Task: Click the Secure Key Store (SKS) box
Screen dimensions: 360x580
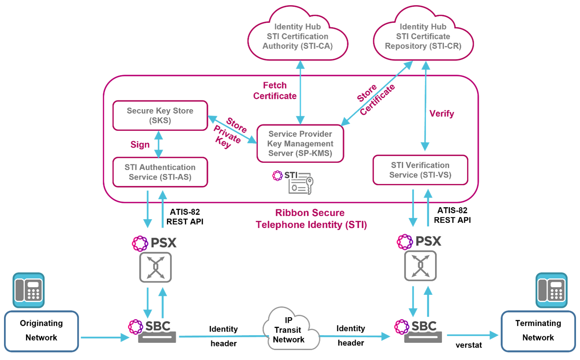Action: [x=160, y=116]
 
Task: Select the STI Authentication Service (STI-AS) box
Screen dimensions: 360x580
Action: [x=160, y=172]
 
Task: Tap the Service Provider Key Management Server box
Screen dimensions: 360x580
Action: [x=300, y=144]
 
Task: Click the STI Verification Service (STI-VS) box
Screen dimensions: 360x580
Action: [x=420, y=170]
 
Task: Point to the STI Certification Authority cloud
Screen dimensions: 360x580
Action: [x=298, y=36]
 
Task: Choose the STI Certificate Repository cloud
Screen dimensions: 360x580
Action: [x=423, y=36]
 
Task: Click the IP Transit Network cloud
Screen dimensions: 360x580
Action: [x=289, y=330]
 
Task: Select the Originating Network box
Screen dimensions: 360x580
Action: [x=41, y=331]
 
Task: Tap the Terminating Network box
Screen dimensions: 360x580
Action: [x=538, y=331]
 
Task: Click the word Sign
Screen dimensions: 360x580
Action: [x=140, y=145]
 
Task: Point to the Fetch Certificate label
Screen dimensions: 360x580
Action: [x=275, y=91]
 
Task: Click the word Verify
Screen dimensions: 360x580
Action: [x=442, y=114]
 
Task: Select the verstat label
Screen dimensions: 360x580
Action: [x=468, y=345]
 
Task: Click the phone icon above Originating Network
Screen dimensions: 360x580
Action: [x=28, y=290]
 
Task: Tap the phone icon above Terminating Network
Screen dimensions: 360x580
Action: [x=552, y=290]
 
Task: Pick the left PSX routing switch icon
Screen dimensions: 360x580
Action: [x=155, y=267]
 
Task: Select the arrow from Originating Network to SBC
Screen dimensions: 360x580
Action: [x=104, y=338]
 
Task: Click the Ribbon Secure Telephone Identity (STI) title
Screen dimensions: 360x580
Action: [x=311, y=219]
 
